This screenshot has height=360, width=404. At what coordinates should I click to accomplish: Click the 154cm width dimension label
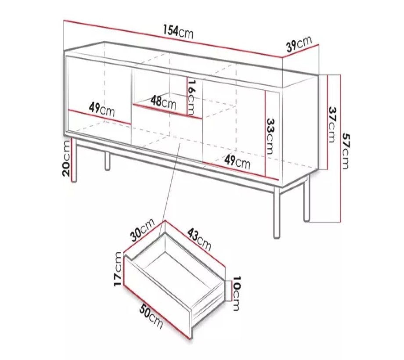tap(178, 32)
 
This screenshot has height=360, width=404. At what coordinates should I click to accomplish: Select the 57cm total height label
tap(346, 151)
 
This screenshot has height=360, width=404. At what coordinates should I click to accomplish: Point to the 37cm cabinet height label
tap(332, 125)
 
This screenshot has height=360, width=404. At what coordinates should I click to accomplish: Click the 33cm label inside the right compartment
tap(270, 136)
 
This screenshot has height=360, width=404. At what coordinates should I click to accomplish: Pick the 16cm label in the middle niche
tap(191, 97)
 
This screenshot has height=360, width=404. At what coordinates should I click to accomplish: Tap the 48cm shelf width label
tap(164, 102)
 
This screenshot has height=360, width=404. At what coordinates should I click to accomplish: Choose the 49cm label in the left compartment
tap(101, 109)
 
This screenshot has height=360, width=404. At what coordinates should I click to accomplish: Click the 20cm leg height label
tap(66, 158)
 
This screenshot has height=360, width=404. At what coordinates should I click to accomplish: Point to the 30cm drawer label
tap(142, 230)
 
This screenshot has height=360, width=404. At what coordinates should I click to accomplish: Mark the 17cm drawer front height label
tap(118, 269)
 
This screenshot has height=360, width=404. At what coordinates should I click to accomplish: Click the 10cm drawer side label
tap(236, 293)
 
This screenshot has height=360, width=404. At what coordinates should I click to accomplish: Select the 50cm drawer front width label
tap(151, 317)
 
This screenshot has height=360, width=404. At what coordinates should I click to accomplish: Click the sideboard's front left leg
tap(74, 160)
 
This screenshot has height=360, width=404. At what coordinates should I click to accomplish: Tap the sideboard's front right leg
tap(277, 212)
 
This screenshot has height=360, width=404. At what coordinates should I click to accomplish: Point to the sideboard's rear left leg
tap(108, 161)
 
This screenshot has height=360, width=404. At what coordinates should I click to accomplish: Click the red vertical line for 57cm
tap(341, 148)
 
